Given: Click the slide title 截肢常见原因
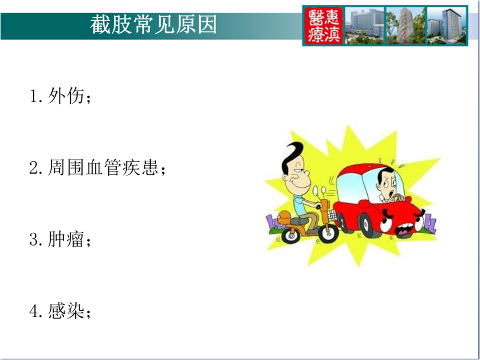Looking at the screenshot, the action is [153, 25].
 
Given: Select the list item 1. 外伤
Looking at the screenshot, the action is [60, 96].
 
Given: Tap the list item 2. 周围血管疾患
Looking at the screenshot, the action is [98, 167].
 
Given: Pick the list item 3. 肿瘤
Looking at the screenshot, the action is [60, 239].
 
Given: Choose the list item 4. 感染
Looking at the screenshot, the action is [60, 311].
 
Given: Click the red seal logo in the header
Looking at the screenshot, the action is [324, 26].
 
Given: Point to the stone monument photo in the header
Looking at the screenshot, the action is [406, 26].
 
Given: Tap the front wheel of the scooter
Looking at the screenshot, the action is [328, 233].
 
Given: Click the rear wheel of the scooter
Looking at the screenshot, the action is [290, 235].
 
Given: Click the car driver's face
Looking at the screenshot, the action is [387, 185].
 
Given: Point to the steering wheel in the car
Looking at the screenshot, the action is [397, 198].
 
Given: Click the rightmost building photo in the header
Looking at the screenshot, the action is [447, 26].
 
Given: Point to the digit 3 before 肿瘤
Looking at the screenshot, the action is [33, 239].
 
